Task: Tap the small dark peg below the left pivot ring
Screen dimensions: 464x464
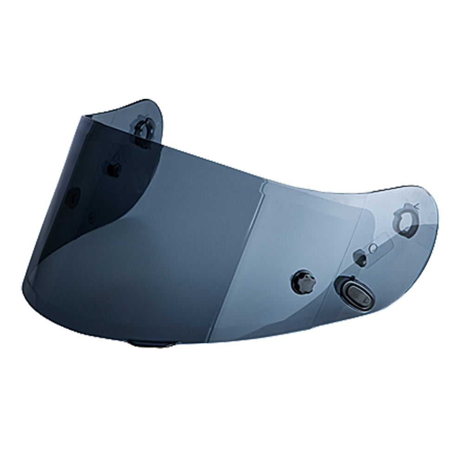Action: [113, 168]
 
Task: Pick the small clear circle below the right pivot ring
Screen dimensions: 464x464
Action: [371, 249]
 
